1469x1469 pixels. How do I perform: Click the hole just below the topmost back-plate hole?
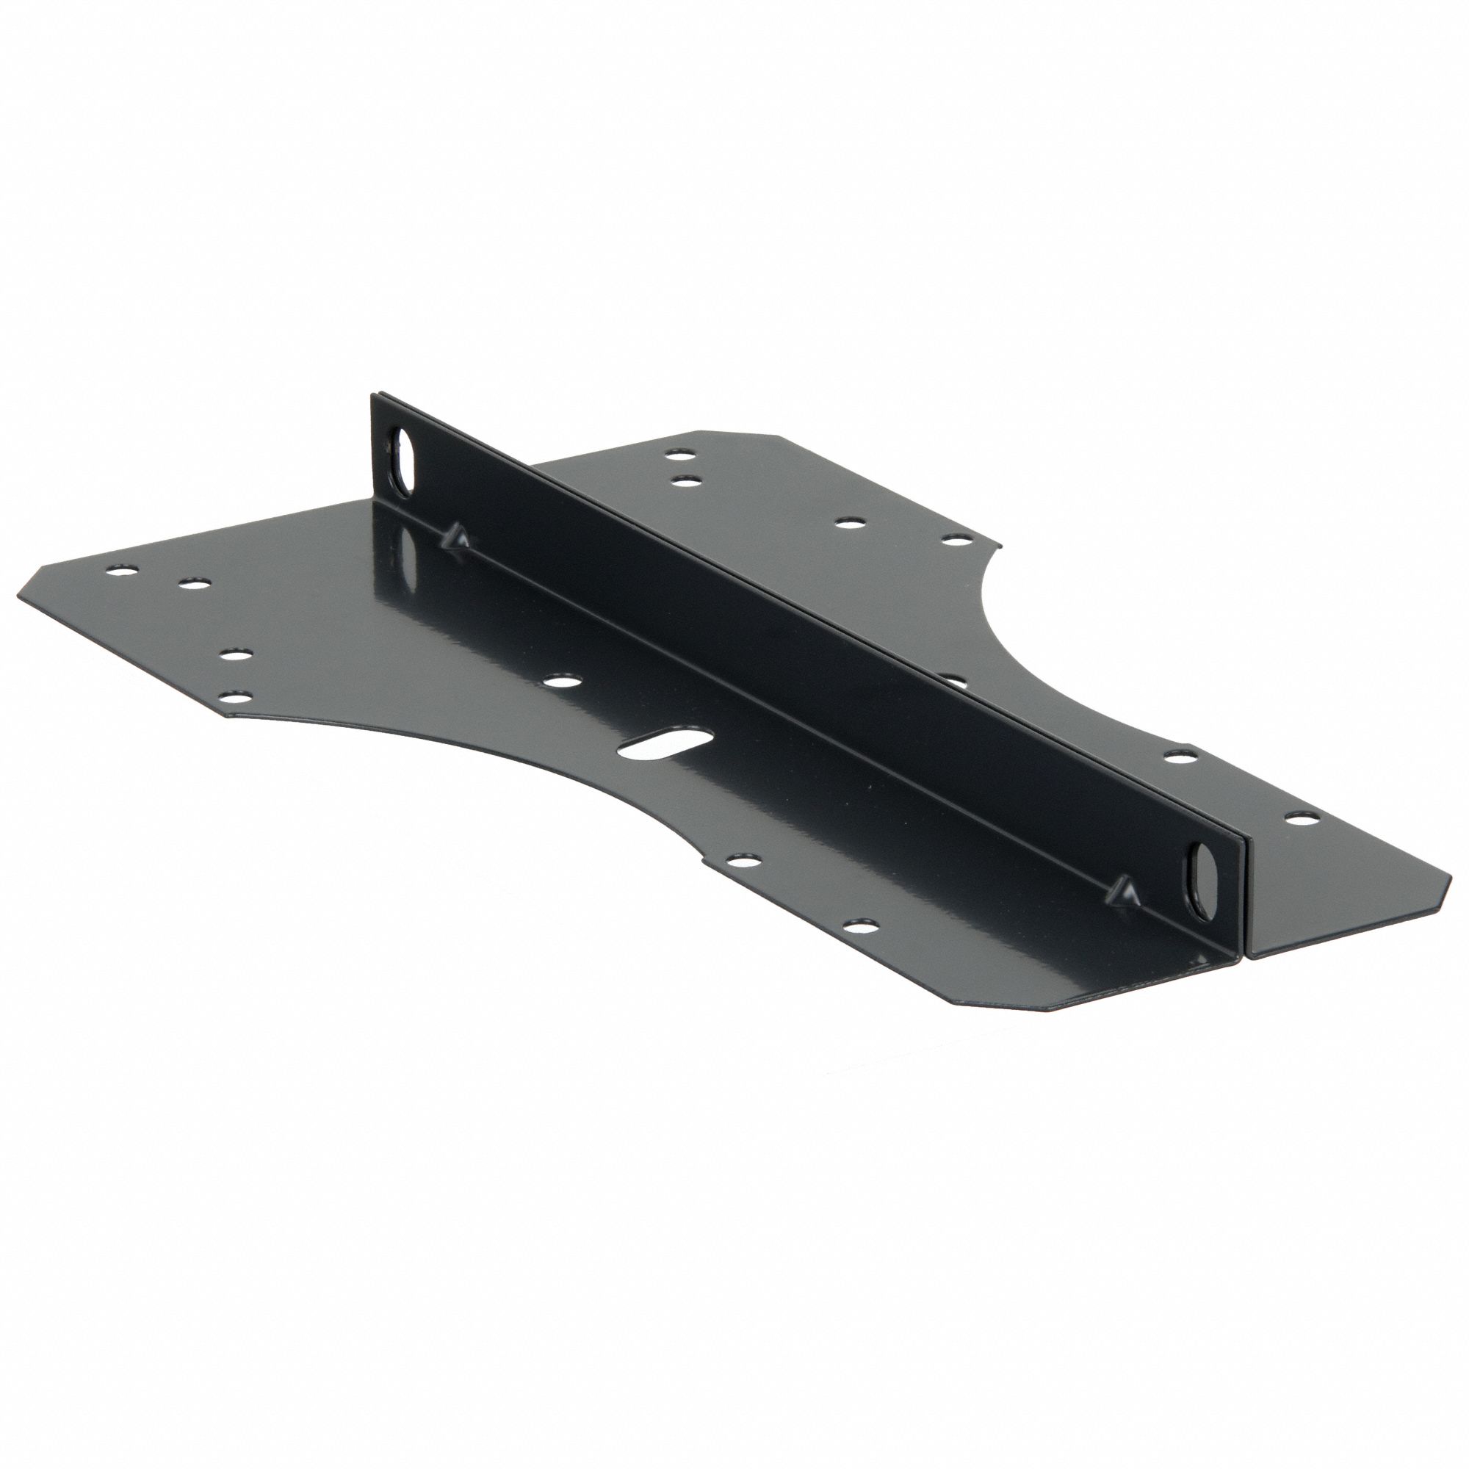687,479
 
